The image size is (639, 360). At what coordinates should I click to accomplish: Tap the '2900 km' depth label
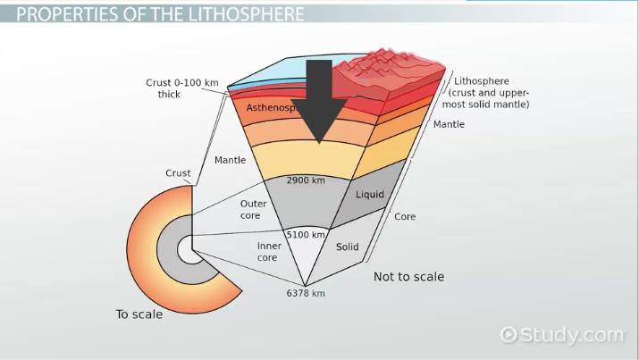point(305,180)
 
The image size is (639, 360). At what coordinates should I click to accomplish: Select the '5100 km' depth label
point(305,235)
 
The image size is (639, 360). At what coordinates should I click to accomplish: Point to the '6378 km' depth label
point(305,292)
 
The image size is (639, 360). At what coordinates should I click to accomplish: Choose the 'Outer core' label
point(254,209)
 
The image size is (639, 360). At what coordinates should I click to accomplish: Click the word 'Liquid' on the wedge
point(370,194)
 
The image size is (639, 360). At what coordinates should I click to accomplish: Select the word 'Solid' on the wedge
point(347,246)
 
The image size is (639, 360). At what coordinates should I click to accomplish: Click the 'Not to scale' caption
point(408,277)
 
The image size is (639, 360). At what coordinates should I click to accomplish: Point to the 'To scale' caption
point(139,314)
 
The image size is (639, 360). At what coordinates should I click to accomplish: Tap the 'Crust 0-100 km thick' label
point(182,88)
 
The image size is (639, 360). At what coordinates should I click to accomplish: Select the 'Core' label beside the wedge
point(404,216)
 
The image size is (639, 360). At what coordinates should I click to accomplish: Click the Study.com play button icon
point(510,335)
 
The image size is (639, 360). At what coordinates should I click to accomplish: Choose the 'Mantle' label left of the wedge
point(231,161)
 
